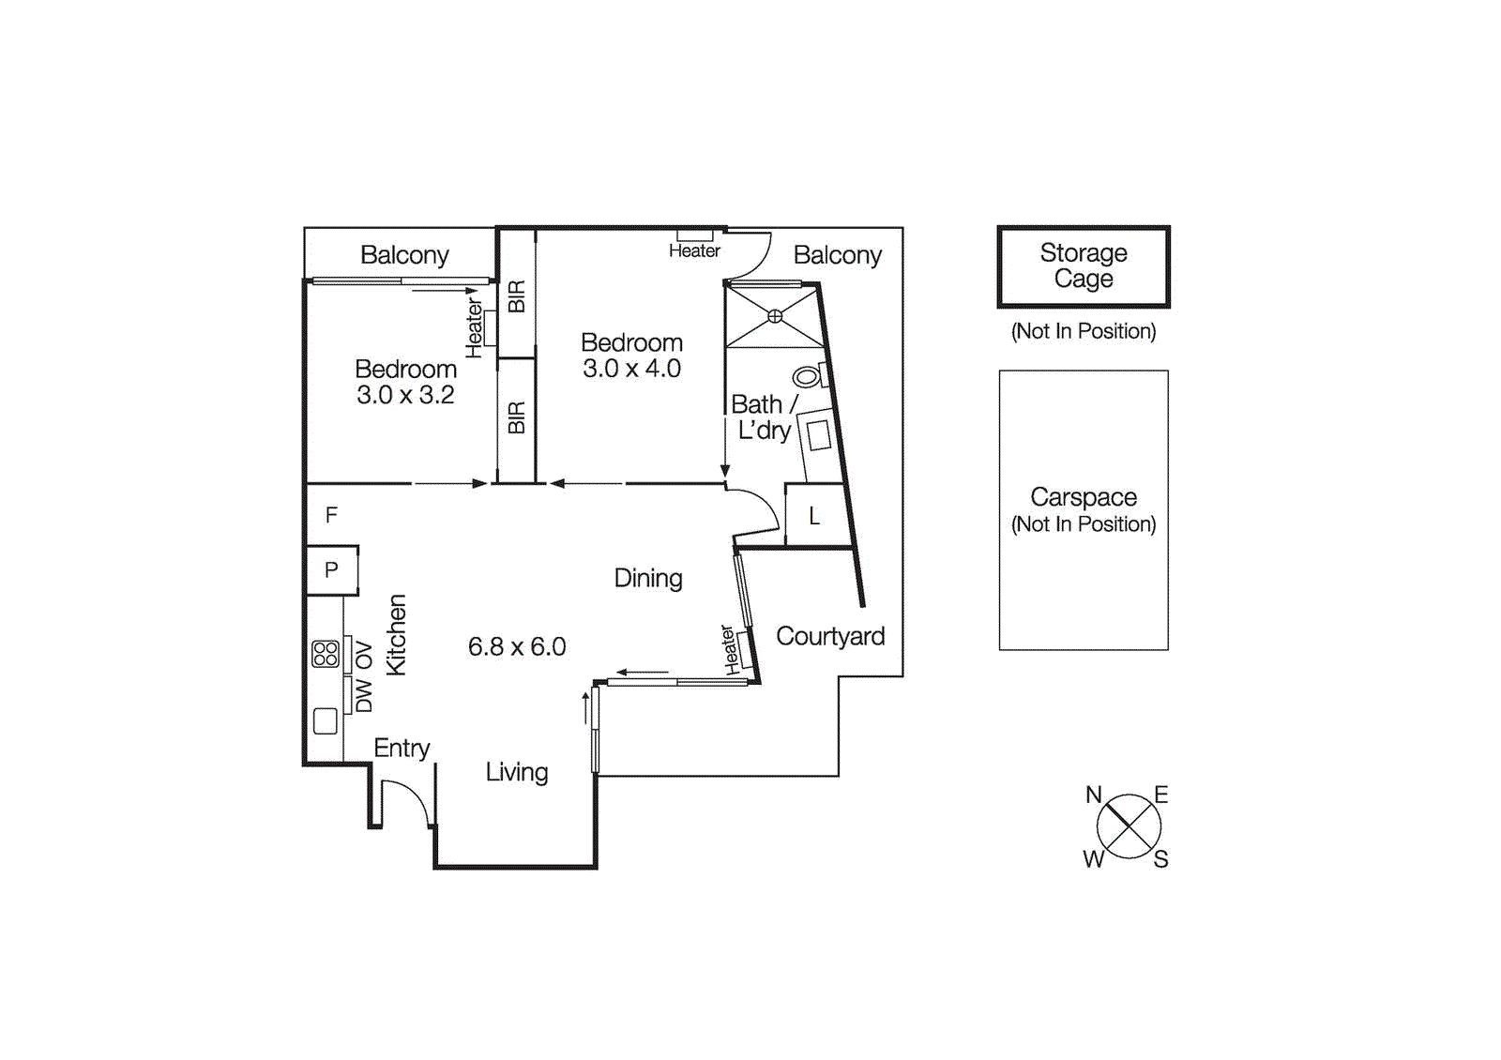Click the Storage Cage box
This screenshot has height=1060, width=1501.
1084,266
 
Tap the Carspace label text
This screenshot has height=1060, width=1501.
1084,497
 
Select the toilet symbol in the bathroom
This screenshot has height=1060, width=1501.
807,377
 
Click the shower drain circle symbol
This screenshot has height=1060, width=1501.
775,316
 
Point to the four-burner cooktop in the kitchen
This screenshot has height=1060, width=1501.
326,654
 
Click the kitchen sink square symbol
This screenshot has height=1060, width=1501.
326,720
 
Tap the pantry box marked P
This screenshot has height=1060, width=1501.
331,569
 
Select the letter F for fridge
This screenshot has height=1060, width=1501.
331,515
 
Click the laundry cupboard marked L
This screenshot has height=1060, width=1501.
814,516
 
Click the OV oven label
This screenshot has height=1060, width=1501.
364,655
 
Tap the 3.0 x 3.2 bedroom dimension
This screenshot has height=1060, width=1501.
405,395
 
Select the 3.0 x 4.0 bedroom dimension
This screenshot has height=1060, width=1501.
631,369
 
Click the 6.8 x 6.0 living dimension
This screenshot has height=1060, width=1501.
517,647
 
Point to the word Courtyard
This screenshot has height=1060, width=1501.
830,637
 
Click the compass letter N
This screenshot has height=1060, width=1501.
1093,795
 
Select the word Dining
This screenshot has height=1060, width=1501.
648,578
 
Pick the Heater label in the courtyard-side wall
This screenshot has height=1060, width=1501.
729,649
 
